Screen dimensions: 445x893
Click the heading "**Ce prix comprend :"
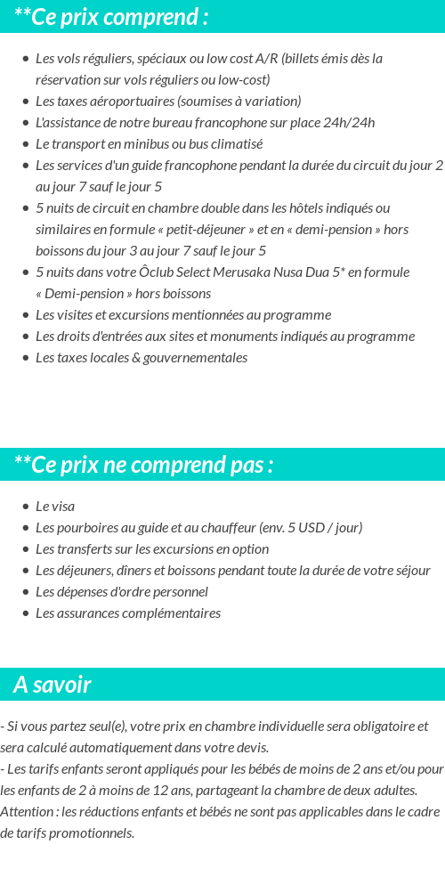(x=111, y=17)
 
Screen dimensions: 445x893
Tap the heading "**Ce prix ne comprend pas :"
(x=143, y=465)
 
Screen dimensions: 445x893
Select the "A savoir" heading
(x=53, y=685)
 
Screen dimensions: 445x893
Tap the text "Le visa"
(x=55, y=507)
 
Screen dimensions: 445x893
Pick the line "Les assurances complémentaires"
(x=128, y=613)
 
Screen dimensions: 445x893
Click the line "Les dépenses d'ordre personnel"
(x=122, y=592)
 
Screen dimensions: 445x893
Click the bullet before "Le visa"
(x=26, y=507)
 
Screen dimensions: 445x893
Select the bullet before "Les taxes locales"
(x=26, y=358)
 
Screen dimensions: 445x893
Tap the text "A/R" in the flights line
(x=266, y=59)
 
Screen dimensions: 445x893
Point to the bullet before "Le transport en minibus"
(x=26, y=144)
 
